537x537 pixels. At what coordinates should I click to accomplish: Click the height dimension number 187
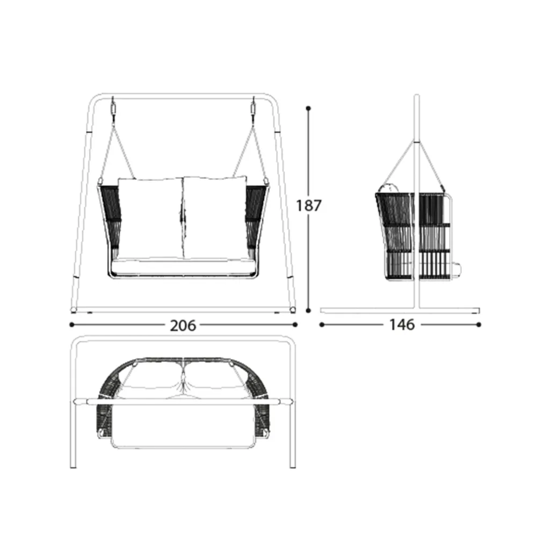click(309, 206)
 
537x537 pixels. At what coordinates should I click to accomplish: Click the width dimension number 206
click(183, 325)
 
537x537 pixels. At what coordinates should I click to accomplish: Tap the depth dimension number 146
click(402, 324)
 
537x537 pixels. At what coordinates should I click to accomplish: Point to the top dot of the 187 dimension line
click(308, 108)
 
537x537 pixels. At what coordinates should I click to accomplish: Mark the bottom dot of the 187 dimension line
click(308, 310)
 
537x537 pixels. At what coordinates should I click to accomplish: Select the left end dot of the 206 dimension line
click(71, 325)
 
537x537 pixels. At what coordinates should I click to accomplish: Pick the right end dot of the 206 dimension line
click(295, 325)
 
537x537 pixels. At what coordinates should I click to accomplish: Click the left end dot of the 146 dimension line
click(322, 324)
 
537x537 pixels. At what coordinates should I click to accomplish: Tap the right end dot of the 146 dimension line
click(479, 324)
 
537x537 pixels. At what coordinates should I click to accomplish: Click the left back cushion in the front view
click(150, 218)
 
